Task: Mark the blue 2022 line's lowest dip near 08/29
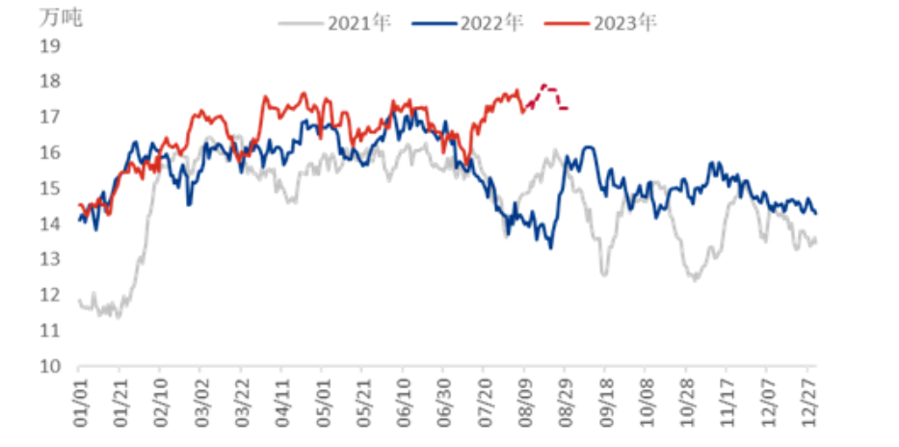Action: (551, 248)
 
